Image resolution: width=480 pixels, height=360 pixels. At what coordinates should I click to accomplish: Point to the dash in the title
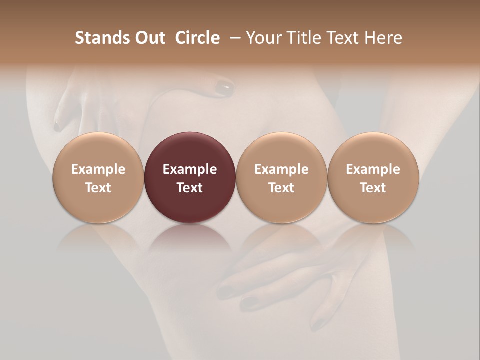(233, 38)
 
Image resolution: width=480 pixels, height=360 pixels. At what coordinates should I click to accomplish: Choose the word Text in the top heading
(344, 38)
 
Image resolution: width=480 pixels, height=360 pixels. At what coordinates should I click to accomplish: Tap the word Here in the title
(383, 38)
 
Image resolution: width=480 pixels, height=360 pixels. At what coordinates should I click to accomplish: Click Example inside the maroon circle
(190, 169)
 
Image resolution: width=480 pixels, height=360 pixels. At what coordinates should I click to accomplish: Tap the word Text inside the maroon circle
(190, 188)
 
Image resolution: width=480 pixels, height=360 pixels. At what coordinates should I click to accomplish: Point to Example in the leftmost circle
(98, 169)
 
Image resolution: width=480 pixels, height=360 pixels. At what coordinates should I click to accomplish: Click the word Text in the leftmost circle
(98, 188)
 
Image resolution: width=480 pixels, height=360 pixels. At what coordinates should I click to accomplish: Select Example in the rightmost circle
(373, 169)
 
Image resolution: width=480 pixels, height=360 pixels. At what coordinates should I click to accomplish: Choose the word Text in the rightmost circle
(373, 188)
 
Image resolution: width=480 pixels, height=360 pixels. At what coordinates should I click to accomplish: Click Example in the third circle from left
(281, 169)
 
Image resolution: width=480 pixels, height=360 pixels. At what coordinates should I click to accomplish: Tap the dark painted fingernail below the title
(224, 88)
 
